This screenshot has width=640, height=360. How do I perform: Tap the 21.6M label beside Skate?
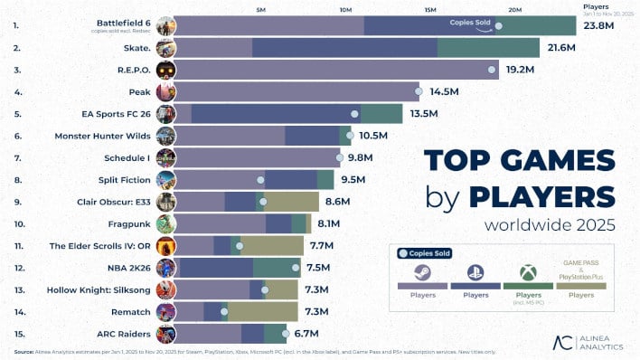[557, 47]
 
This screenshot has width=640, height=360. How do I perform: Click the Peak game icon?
[165, 91]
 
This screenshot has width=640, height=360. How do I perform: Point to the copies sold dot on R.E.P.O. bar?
[492, 70]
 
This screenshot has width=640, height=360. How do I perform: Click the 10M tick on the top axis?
[345, 9]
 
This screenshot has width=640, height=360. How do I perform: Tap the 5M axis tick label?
[261, 9]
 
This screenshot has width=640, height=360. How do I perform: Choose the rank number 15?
[18, 334]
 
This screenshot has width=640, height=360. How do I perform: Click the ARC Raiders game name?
[127, 334]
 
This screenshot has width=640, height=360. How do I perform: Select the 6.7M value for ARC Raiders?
[304, 334]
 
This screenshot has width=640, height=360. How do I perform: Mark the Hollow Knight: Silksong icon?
[165, 289]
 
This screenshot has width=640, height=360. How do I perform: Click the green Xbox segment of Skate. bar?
[488, 47]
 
